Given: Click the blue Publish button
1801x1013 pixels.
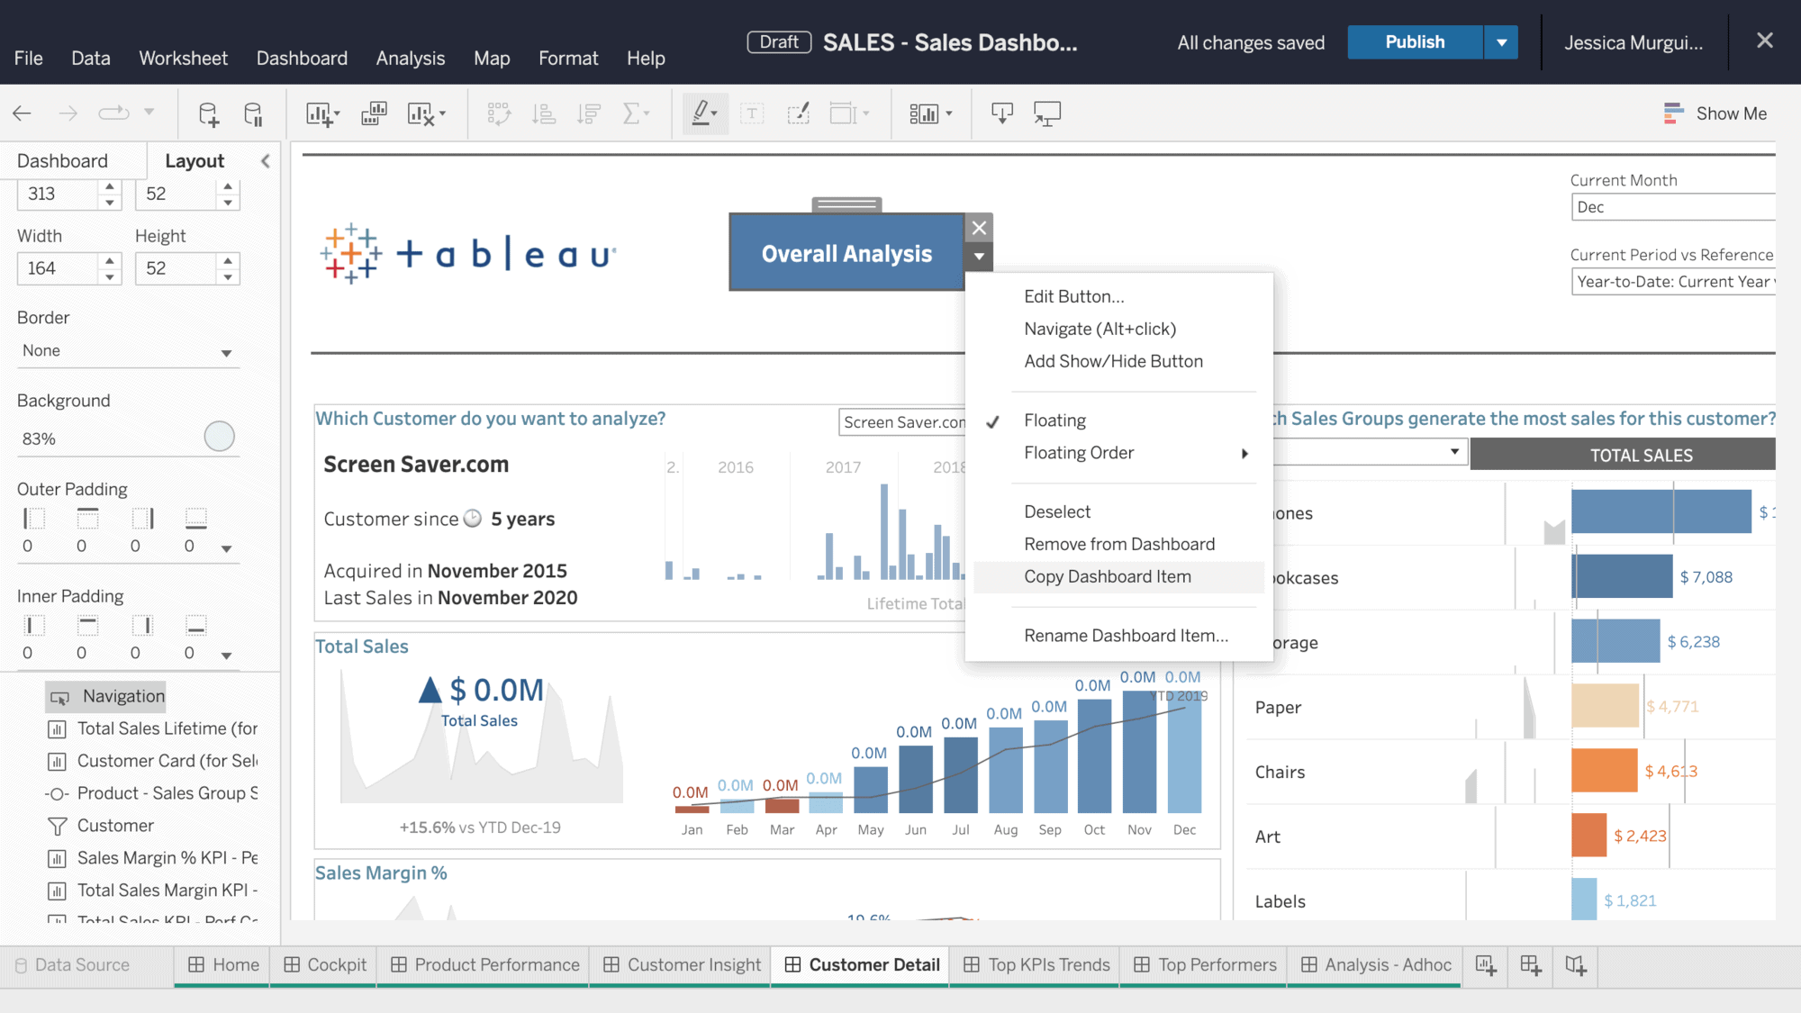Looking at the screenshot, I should (1414, 42).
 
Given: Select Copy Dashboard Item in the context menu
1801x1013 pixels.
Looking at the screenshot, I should (1107, 577).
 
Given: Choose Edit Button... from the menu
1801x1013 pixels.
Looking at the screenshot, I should (1073, 297).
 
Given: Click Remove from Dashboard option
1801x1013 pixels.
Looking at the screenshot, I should (1118, 545).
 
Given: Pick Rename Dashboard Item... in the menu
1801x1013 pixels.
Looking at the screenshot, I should (1126, 636).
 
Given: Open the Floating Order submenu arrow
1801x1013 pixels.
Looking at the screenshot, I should (1244, 454).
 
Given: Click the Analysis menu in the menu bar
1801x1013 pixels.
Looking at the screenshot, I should (410, 59).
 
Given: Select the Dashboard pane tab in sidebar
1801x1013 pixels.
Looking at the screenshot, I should (62, 161).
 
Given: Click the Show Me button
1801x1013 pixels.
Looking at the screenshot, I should (1715, 113).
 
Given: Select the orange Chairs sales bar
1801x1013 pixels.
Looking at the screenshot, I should (1604, 772).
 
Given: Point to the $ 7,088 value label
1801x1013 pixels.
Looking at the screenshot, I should (1706, 577).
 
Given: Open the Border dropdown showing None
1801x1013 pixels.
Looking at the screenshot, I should (126, 351).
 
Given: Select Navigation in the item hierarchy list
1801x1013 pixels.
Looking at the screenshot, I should (123, 696).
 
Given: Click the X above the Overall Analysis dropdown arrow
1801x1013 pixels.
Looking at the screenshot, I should (979, 228).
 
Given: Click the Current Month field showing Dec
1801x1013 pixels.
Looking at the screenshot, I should (1671, 207).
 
